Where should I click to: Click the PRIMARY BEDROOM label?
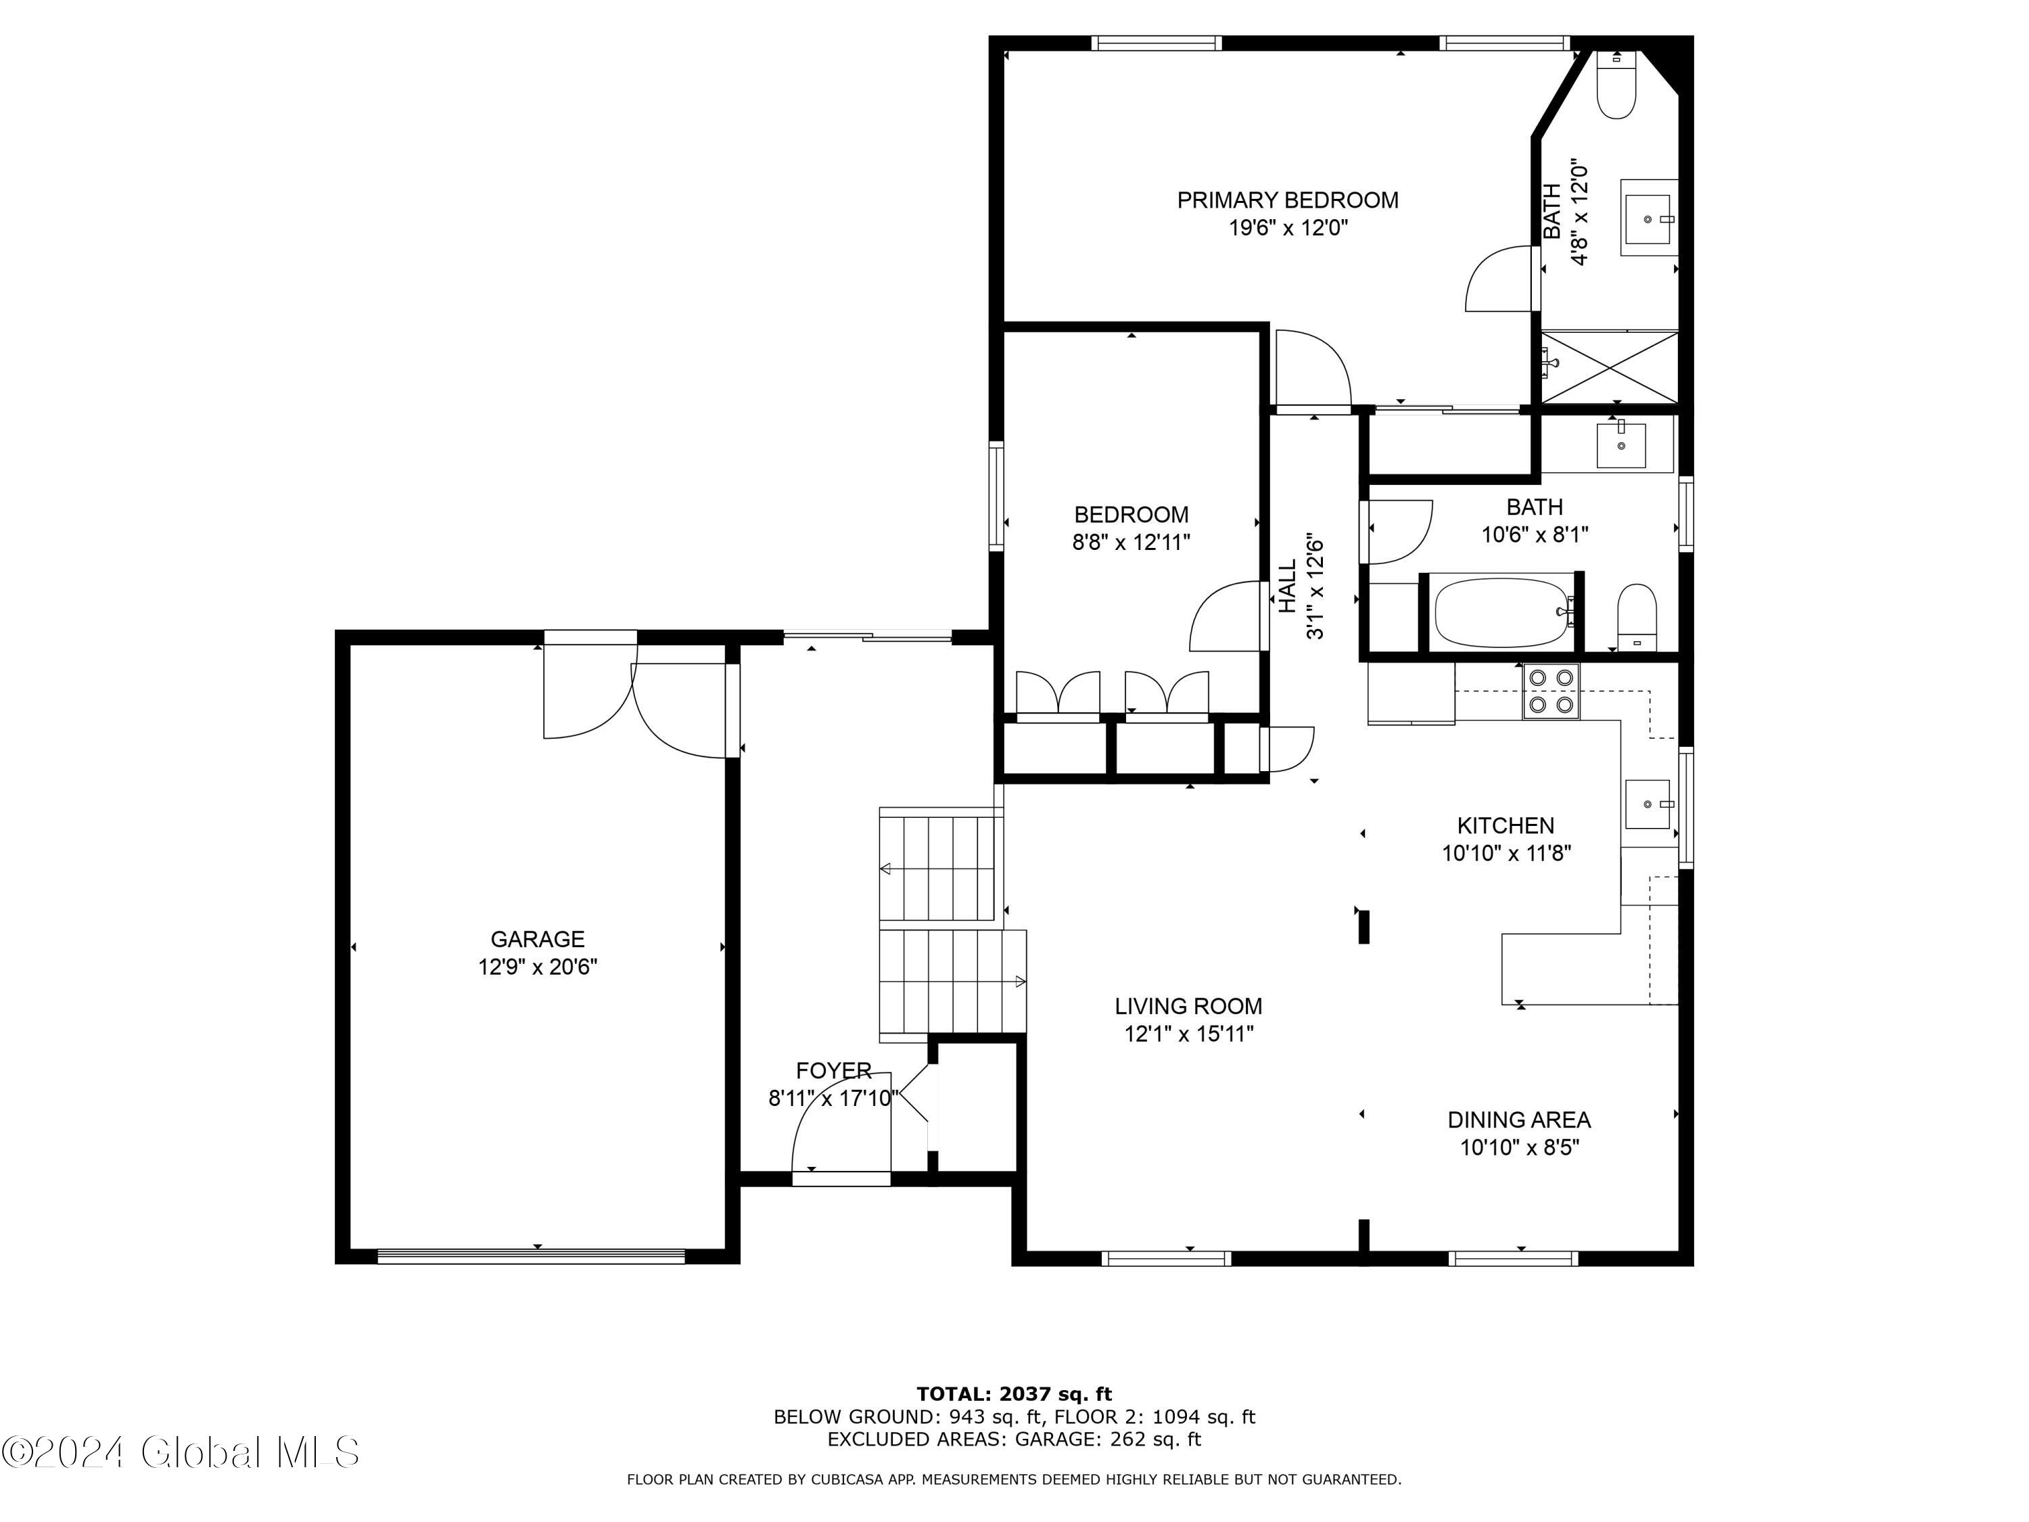pyautogui.click(x=1287, y=200)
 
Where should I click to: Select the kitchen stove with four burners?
pyautogui.click(x=1551, y=691)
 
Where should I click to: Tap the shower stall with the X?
pyautogui.click(x=1610, y=367)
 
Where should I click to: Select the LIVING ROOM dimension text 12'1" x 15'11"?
pyautogui.click(x=1189, y=1034)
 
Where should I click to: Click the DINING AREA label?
pyautogui.click(x=1519, y=1120)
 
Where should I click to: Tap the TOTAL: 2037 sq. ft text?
pyautogui.click(x=1014, y=1394)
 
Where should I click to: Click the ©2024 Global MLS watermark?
pyautogui.click(x=181, y=1452)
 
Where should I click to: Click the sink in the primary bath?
pyautogui.click(x=1648, y=217)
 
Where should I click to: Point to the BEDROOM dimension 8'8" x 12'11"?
pyautogui.click(x=1131, y=543)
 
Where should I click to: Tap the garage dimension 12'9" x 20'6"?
pyautogui.click(x=538, y=967)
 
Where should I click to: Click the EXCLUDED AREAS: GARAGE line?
pyautogui.click(x=1014, y=1439)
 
